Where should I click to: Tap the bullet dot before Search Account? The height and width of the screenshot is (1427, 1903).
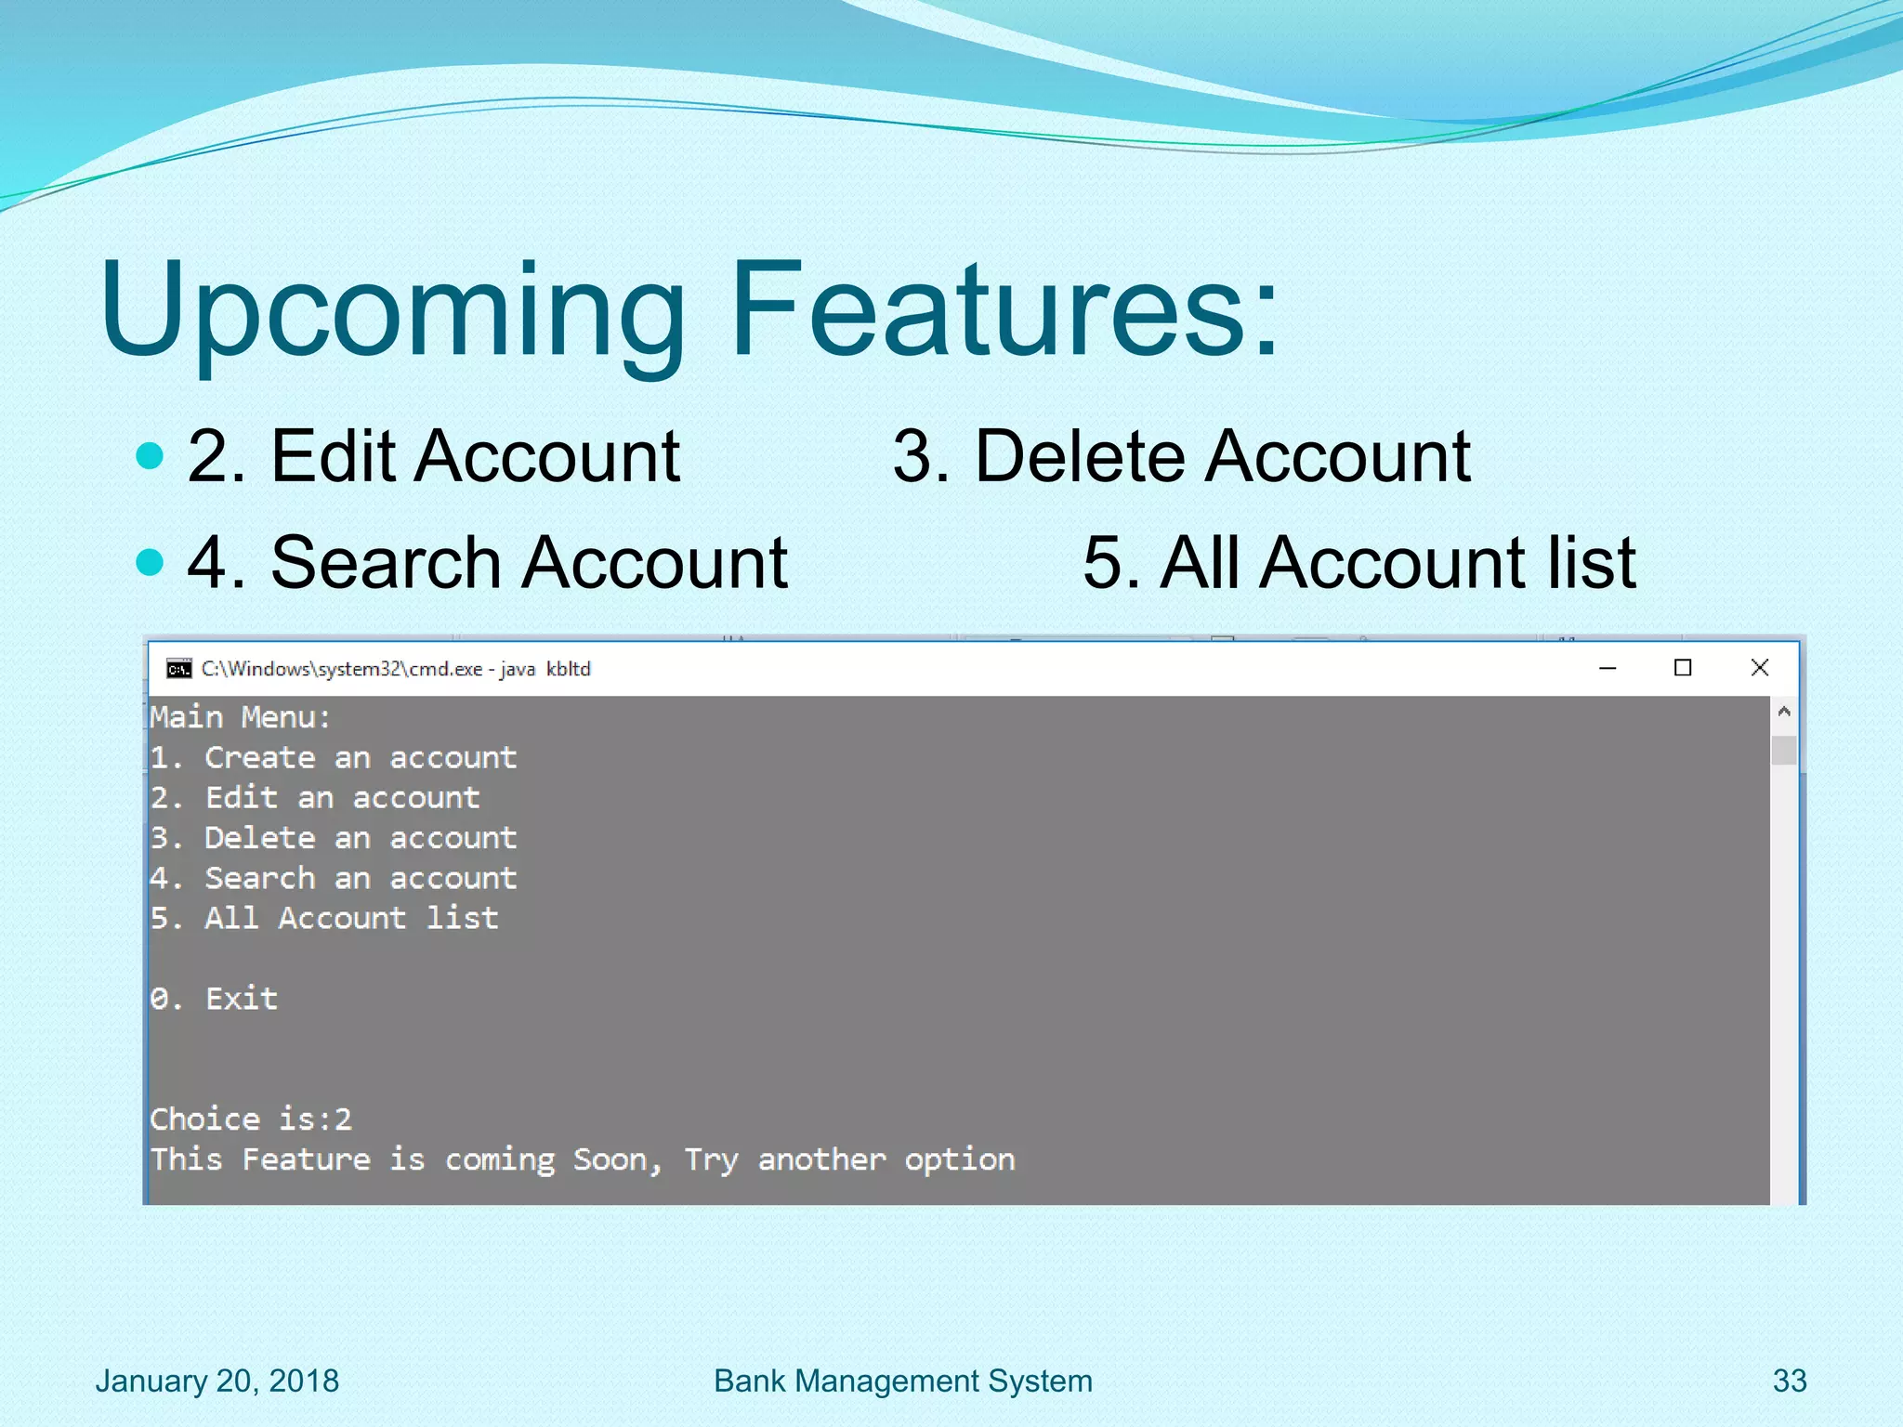pos(150,561)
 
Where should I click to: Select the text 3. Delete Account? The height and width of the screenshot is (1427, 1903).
pos(1181,457)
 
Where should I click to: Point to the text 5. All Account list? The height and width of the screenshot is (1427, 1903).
pos(1358,563)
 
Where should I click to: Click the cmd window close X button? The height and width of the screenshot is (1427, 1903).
pos(1759,668)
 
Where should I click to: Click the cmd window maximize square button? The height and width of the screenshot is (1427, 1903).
pos(1682,668)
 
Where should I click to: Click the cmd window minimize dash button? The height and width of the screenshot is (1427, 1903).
pos(1608,668)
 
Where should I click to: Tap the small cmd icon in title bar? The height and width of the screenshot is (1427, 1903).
pos(178,669)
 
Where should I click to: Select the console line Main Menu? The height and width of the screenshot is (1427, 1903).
pos(240,717)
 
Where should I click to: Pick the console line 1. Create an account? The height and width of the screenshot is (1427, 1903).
pos(333,758)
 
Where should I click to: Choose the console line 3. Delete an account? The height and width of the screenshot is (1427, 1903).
pos(333,838)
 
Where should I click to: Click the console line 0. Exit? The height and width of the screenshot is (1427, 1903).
pos(214,999)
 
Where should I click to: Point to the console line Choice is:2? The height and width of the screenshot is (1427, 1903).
pos(251,1119)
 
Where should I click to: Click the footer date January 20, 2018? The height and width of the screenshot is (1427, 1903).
pos(217,1381)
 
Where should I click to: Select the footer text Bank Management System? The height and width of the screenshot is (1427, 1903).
pos(902,1381)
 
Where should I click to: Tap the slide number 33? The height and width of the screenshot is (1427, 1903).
pos(1789,1381)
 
